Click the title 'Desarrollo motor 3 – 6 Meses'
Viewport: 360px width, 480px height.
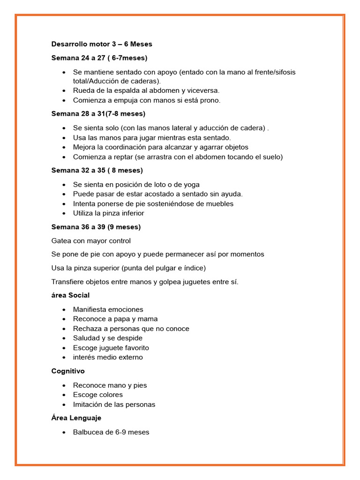click(102, 44)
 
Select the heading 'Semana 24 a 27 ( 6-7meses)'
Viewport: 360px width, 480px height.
click(99, 58)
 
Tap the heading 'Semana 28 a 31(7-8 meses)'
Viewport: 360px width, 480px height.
click(98, 113)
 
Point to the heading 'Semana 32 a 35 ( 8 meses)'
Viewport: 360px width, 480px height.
click(97, 170)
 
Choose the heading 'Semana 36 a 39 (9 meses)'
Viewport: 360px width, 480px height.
click(96, 227)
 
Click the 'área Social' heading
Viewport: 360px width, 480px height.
click(70, 295)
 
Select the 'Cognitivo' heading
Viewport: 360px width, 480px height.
click(67, 371)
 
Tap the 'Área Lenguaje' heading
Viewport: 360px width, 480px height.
click(76, 418)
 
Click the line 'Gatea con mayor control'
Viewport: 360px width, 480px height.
click(91, 241)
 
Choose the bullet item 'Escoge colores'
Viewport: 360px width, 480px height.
click(98, 395)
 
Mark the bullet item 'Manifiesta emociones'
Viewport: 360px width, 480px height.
click(108, 309)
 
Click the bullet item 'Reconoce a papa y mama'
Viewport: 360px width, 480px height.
click(115, 319)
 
